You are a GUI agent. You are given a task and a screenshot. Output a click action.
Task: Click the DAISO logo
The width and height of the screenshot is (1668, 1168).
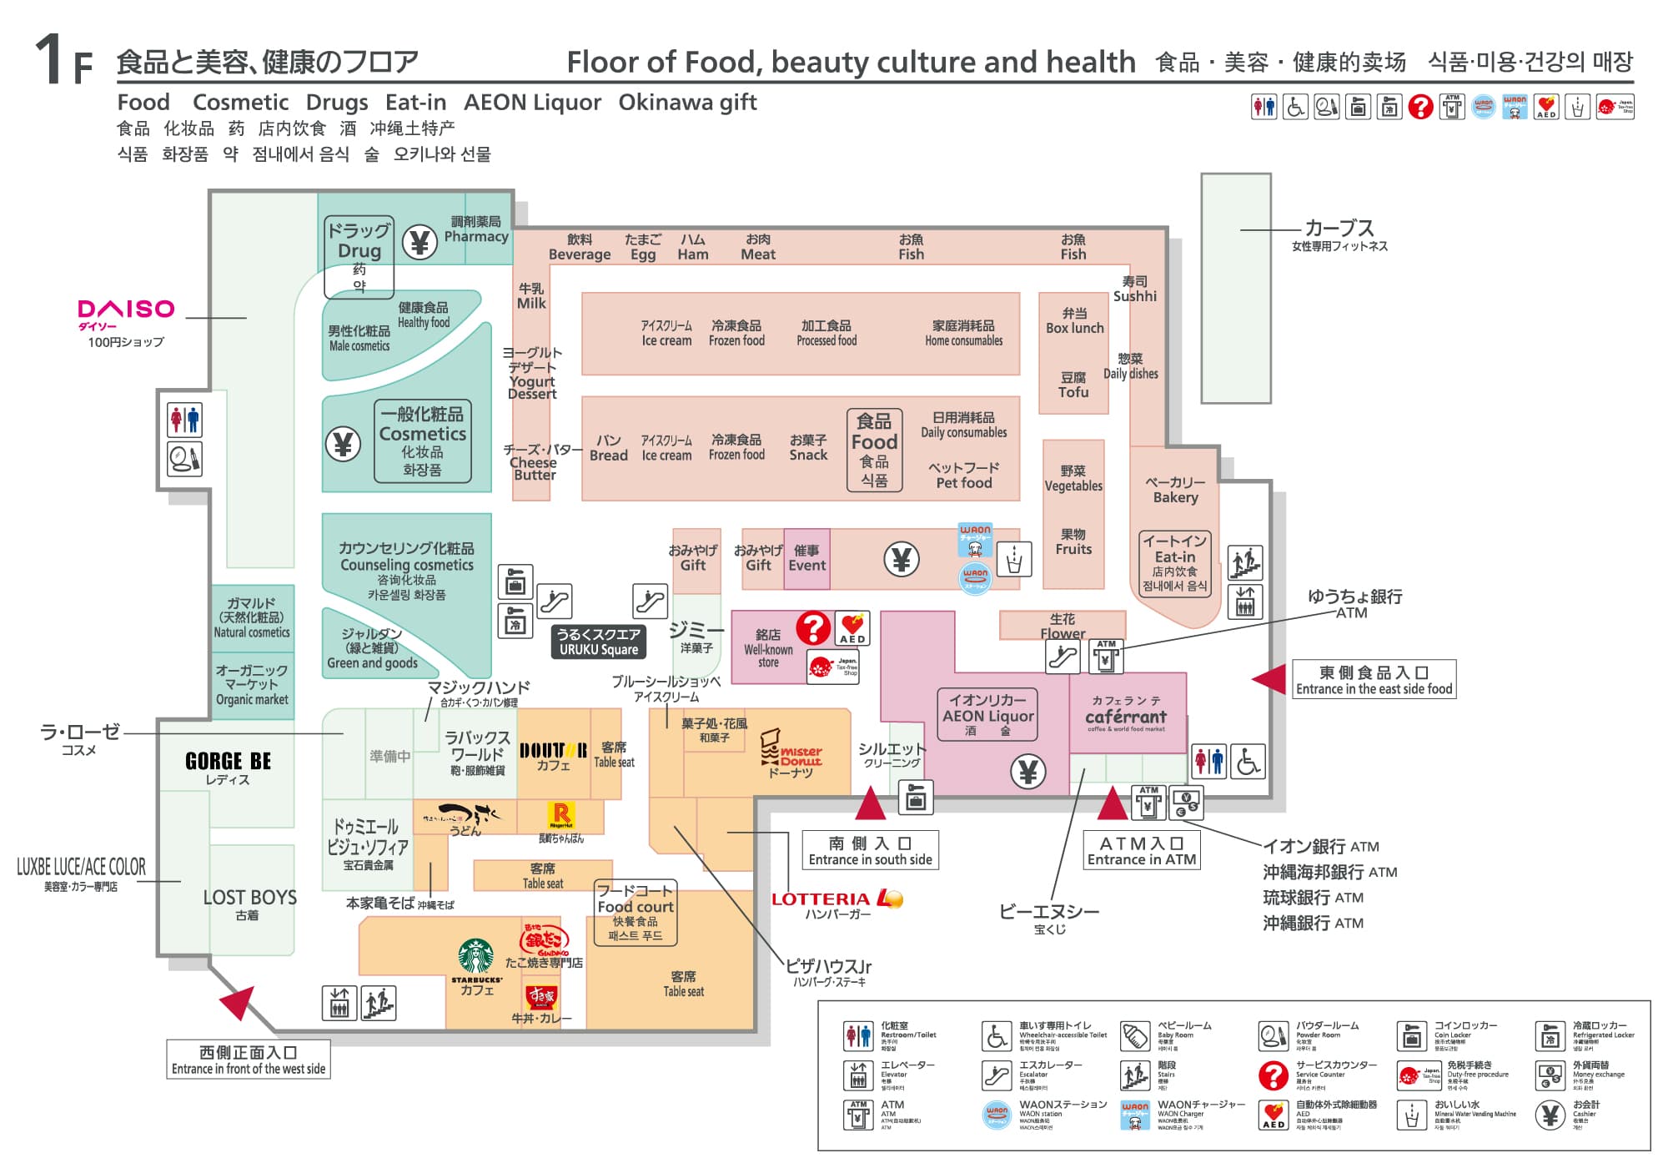(x=126, y=310)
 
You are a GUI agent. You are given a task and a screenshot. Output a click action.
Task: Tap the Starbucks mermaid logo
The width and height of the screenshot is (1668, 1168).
(x=476, y=956)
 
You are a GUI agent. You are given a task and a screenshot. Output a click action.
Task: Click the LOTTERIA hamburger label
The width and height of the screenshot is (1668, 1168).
(x=837, y=899)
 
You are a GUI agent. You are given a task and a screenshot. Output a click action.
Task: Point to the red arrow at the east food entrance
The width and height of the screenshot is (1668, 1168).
(x=1270, y=678)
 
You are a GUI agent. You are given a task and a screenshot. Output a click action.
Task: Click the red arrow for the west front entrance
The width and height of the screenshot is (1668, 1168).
(x=239, y=1000)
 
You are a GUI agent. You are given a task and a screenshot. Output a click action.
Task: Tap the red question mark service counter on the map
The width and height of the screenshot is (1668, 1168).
(x=813, y=627)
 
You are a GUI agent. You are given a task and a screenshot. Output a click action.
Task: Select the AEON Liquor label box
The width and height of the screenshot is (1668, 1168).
(x=987, y=715)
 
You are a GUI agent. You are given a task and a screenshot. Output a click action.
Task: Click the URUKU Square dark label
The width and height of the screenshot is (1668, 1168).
(x=599, y=642)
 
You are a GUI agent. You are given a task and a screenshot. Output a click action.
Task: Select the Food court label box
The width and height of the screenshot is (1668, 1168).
(x=636, y=913)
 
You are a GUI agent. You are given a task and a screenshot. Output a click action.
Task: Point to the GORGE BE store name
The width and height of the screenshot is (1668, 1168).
(x=228, y=761)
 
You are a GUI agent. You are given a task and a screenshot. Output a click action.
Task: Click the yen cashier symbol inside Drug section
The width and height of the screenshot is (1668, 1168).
(x=420, y=243)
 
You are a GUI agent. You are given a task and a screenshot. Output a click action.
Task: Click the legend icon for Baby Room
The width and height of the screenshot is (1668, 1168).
(x=1135, y=1035)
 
